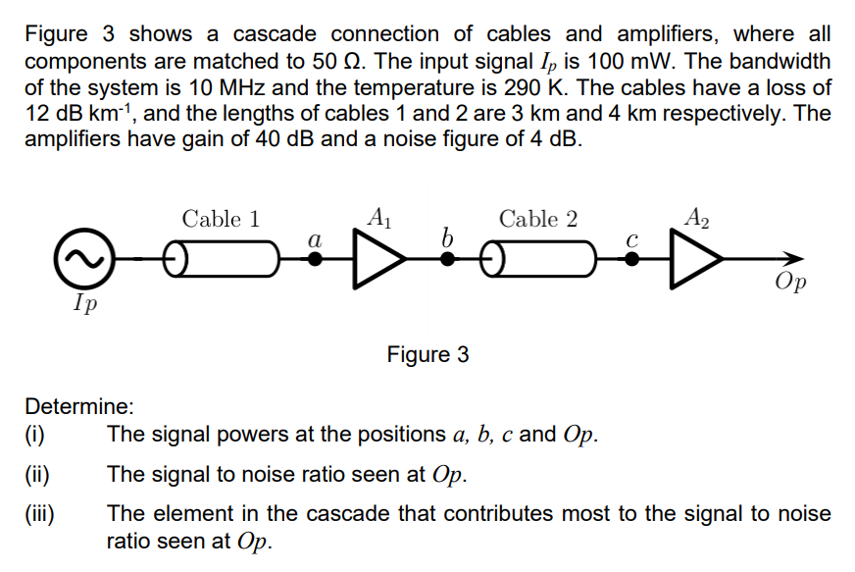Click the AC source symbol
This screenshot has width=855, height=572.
pos(83,259)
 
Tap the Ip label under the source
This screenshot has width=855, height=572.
pos(84,301)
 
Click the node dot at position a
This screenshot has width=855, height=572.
pos(315,260)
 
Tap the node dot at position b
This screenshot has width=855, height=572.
pos(446,260)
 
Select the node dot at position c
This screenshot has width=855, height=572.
pos(632,260)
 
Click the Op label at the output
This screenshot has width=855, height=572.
pos(790,284)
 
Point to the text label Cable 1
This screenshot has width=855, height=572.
pos(221,219)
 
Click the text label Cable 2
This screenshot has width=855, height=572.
pos(538,219)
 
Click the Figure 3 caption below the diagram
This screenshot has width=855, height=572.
pos(427,354)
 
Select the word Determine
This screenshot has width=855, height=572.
pos(78,405)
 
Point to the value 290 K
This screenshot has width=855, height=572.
pos(537,87)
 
